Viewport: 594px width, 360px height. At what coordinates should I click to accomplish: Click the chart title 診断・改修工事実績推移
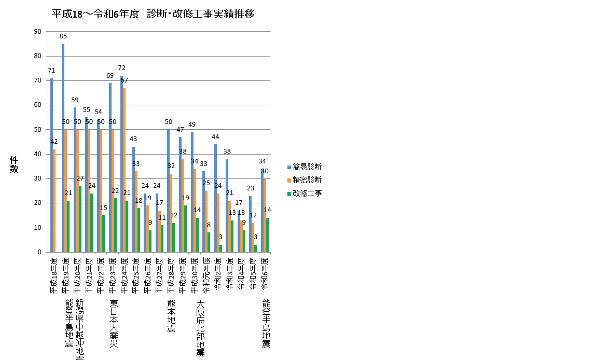154,14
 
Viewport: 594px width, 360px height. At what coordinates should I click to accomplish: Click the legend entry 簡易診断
307,167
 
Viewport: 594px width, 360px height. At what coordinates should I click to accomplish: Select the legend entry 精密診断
307,180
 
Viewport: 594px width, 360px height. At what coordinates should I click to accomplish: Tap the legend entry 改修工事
307,193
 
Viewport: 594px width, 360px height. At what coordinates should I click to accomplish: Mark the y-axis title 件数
14,164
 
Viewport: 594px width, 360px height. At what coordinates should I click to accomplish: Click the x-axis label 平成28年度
171,275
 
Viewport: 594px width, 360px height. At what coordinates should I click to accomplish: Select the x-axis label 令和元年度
206,275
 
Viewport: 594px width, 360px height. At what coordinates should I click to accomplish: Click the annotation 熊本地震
171,316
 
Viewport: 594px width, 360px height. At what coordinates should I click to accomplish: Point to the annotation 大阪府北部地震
200,329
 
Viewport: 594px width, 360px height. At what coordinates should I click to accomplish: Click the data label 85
63,36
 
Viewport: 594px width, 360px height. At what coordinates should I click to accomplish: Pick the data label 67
125,80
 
